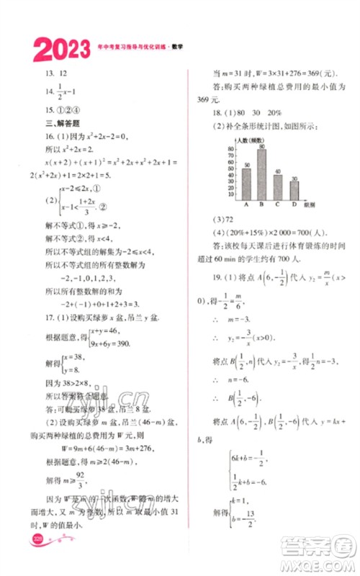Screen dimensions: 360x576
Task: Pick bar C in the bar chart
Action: pyautogui.click(x=277, y=186)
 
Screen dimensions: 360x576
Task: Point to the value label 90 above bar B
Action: pyautogui.click(x=261, y=145)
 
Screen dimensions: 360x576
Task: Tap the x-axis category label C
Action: pyautogui.click(x=277, y=204)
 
